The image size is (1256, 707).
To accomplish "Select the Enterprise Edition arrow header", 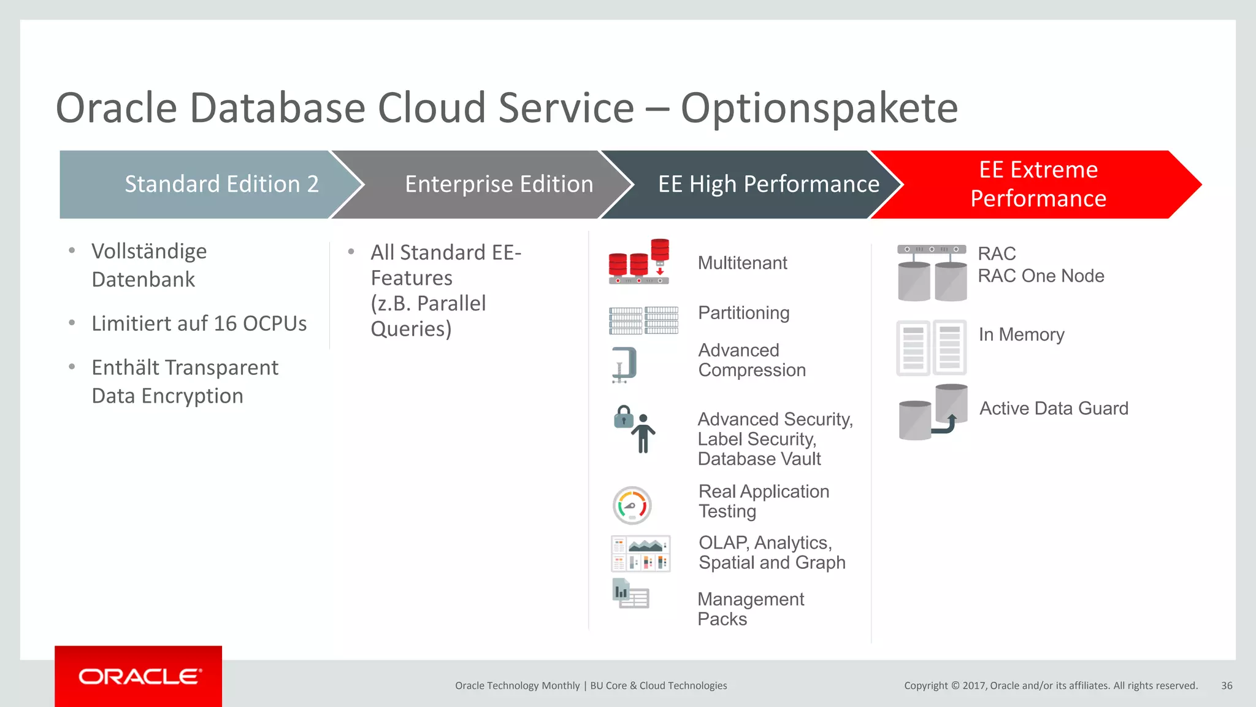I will pos(484,184).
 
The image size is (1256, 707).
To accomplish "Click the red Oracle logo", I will pos(139,676).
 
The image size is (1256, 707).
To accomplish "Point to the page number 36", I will pos(1226,686).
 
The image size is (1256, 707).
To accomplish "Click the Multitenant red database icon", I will pos(639,262).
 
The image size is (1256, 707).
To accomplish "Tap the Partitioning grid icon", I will pos(643,320).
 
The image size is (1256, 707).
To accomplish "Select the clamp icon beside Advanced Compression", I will pos(625,365).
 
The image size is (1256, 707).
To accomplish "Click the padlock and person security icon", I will pos(635,428).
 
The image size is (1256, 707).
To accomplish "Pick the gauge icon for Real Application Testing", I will pos(632,506).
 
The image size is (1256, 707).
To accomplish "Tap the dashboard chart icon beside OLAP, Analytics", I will pos(641,554).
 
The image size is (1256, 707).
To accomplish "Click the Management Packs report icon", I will pos(630,594).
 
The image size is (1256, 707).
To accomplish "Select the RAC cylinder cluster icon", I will pos(932,273).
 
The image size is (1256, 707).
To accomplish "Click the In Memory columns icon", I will pos(931,347).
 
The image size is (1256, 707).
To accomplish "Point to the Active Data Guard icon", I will pos(933,412).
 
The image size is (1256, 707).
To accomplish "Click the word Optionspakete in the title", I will pos(819,108).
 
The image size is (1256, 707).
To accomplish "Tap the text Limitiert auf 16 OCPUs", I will pos(199,323).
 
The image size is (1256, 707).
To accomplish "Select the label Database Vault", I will pos(759,459).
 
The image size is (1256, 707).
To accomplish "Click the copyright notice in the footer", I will pos(1050,686).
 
